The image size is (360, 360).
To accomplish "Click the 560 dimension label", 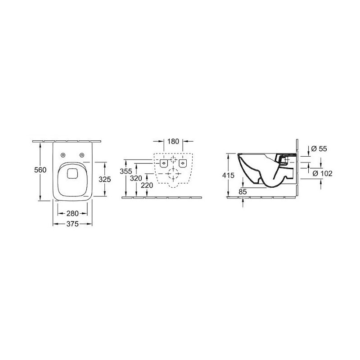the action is pyautogui.click(x=40, y=170).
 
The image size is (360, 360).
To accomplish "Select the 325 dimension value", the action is pyautogui.click(x=105, y=179).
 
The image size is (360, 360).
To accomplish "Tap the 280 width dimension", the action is pyautogui.click(x=72, y=213).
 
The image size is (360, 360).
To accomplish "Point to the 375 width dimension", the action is pyautogui.click(x=72, y=224).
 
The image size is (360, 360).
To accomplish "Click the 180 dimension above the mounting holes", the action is pyautogui.click(x=173, y=141).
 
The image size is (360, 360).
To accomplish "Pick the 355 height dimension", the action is pyautogui.click(x=126, y=171).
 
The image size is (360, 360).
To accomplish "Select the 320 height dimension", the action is pyautogui.click(x=136, y=178).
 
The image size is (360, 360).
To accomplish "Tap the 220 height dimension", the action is pyautogui.click(x=147, y=185).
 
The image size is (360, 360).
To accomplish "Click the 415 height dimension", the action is pyautogui.click(x=228, y=175).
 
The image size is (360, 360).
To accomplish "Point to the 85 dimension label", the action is pyautogui.click(x=243, y=192).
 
